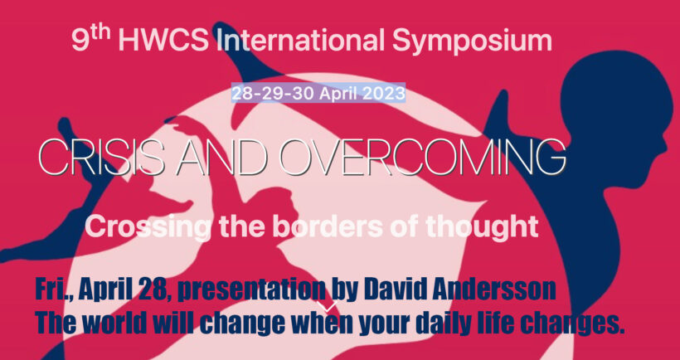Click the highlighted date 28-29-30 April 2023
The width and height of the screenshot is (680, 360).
318,93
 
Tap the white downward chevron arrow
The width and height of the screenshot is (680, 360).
329,307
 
